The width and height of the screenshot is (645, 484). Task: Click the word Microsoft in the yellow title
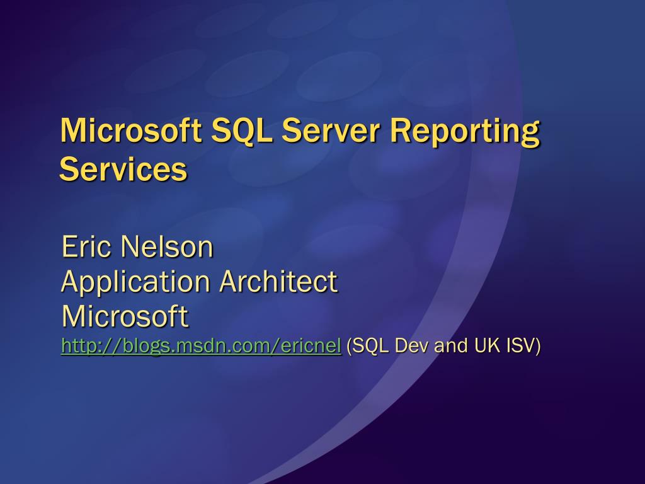click(131, 130)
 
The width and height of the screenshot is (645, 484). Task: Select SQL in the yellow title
click(241, 131)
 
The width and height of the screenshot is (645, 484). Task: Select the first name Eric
click(88, 247)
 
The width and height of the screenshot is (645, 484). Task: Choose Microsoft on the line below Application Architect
click(124, 316)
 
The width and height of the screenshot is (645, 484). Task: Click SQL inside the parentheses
click(367, 346)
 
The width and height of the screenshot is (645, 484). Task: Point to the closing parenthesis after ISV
click(538, 346)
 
